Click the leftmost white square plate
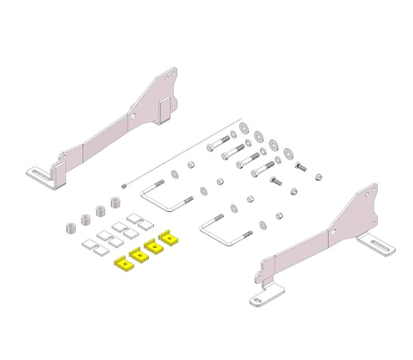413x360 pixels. (89, 246)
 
